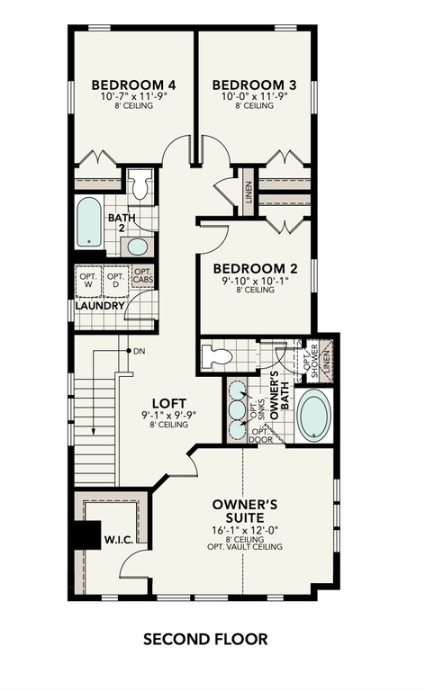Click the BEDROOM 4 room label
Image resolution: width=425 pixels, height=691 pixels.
(133, 85)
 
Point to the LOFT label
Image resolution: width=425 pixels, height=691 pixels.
(167, 404)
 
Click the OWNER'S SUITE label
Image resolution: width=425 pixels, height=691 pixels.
(250, 511)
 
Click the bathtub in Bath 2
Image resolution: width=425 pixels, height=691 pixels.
(88, 223)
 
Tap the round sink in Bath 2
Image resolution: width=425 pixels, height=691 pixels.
(138, 247)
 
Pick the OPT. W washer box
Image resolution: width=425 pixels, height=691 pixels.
(87, 280)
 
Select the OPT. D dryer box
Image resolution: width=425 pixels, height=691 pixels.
(116, 280)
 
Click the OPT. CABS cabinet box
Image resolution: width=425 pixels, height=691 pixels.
(143, 276)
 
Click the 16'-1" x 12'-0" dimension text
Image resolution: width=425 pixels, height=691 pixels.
(250, 531)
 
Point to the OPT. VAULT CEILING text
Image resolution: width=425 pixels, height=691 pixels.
(250, 548)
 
